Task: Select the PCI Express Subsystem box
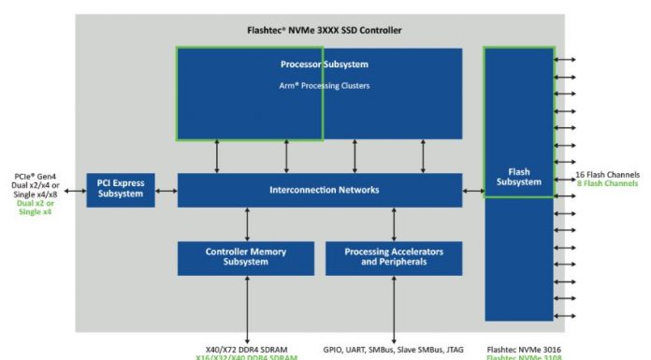[121, 188]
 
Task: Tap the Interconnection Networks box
[318, 190]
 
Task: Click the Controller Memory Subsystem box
[246, 257]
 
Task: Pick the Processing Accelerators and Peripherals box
[393, 257]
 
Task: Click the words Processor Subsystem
[324, 65]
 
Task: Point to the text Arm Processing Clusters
[325, 86]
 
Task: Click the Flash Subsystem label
[518, 177]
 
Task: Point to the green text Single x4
[36, 212]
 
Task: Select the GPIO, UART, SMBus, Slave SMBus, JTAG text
[394, 346]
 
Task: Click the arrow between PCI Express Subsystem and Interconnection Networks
[166, 190]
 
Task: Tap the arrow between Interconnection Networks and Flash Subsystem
[472, 190]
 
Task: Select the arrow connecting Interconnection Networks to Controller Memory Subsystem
[247, 224]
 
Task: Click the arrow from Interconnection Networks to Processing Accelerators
[393, 224]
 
